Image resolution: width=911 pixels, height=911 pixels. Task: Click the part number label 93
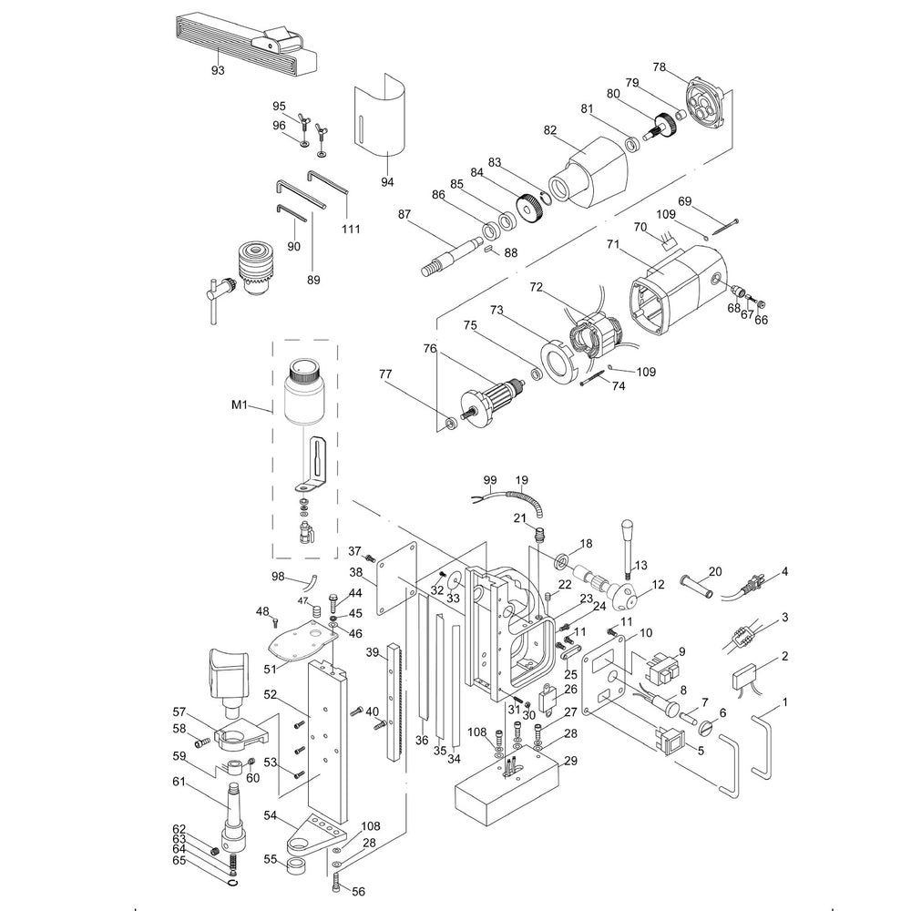click(217, 69)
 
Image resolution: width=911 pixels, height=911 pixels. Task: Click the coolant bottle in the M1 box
click(302, 394)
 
